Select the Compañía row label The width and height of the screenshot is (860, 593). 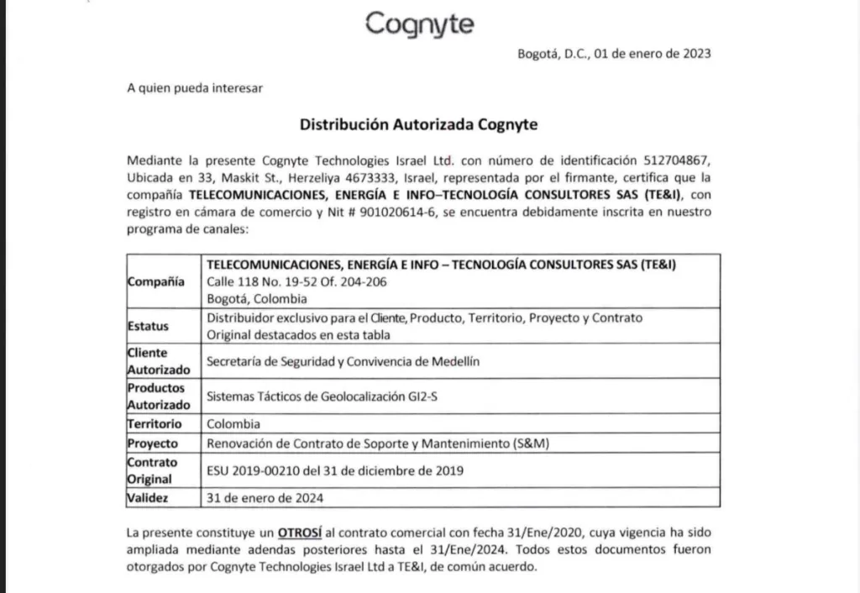156,281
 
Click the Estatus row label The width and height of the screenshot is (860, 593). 148,325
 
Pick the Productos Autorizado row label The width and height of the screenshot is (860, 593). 157,396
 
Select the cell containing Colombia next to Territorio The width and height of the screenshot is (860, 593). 233,424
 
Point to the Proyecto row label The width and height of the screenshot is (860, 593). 153,443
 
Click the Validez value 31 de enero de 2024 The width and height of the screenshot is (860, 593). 265,497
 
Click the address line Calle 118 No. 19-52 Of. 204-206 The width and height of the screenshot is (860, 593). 296,281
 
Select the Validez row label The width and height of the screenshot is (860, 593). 149,497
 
